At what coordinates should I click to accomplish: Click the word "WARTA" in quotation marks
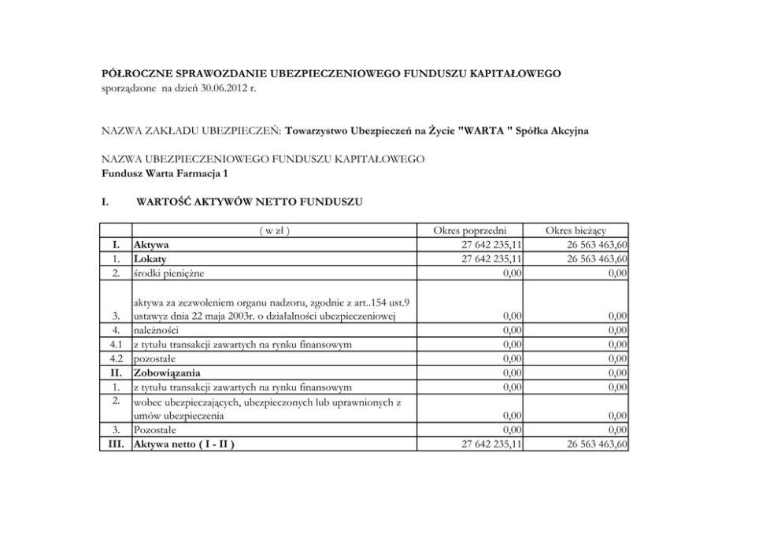483,129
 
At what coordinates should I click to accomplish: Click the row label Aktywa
151,244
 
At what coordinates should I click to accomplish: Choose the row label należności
156,330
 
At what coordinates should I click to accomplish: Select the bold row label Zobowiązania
167,372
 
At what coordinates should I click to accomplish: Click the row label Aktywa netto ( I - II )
184,444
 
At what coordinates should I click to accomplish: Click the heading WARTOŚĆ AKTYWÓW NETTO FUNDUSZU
250,202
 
